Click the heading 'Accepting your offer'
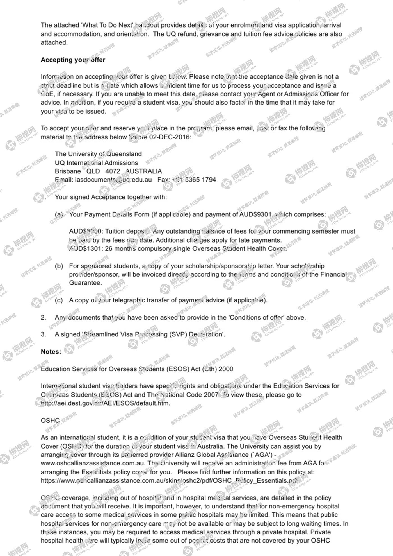coord(73,60)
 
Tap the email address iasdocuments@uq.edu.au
coord(113,180)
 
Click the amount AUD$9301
coord(255,214)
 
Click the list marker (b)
coord(59,266)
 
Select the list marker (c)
coord(59,300)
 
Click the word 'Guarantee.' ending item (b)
coord(85,283)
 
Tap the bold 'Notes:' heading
coord(51,352)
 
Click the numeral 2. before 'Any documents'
coord(43,318)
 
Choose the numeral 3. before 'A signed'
coord(43,334)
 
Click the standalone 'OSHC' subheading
coord(50,421)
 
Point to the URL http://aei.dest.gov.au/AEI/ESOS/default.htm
coord(106,403)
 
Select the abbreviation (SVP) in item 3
coord(178,334)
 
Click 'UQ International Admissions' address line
coord(96,163)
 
